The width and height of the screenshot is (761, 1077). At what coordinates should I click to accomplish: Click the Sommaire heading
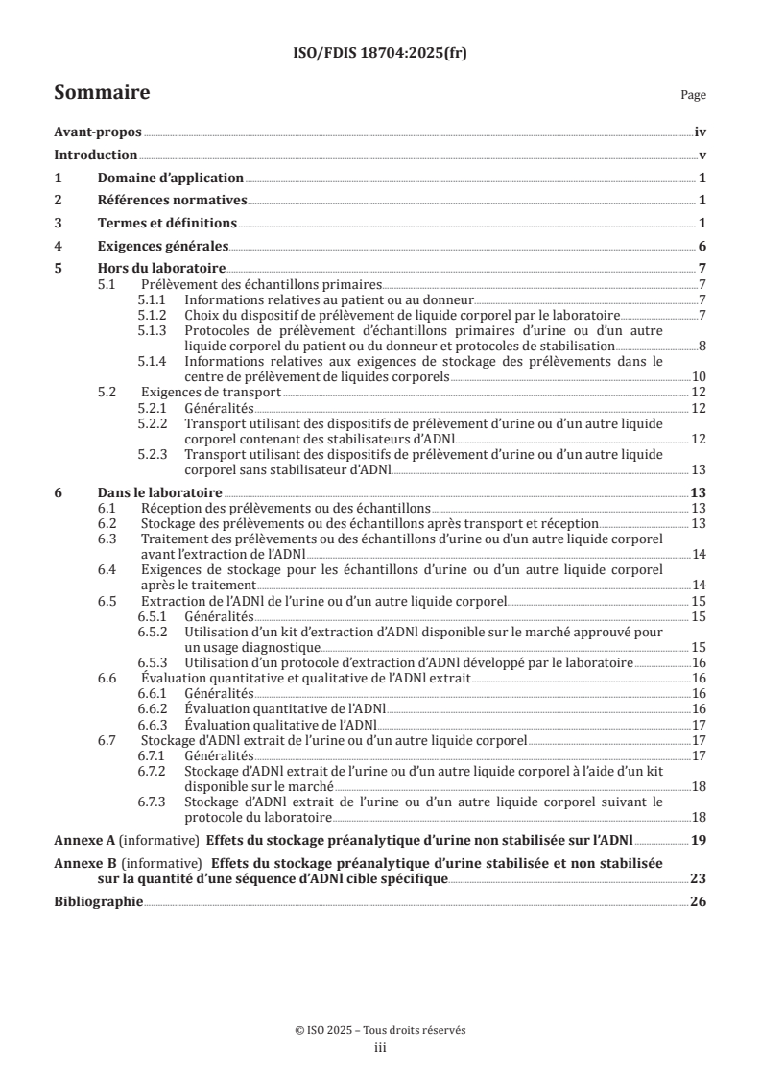pyautogui.click(x=102, y=93)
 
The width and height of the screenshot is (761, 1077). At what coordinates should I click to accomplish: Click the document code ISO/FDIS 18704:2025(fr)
pyautogui.click(x=380, y=54)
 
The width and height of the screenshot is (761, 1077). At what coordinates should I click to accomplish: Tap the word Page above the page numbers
pyautogui.click(x=693, y=95)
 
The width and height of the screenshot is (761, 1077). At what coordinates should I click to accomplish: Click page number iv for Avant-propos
pyautogui.click(x=701, y=132)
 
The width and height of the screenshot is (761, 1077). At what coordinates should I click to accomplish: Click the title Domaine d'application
pyautogui.click(x=170, y=178)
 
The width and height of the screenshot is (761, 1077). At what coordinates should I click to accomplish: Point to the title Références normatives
pyautogui.click(x=173, y=200)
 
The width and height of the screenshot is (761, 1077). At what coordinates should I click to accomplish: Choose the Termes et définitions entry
pyautogui.click(x=167, y=223)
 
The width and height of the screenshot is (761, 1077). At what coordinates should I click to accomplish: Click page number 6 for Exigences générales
pyautogui.click(x=702, y=245)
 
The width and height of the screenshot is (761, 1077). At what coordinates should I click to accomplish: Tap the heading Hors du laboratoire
pyautogui.click(x=161, y=268)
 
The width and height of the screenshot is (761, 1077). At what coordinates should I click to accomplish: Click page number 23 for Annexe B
pyautogui.click(x=698, y=878)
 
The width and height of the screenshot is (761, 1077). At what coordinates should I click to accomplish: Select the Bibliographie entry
pyautogui.click(x=98, y=901)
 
